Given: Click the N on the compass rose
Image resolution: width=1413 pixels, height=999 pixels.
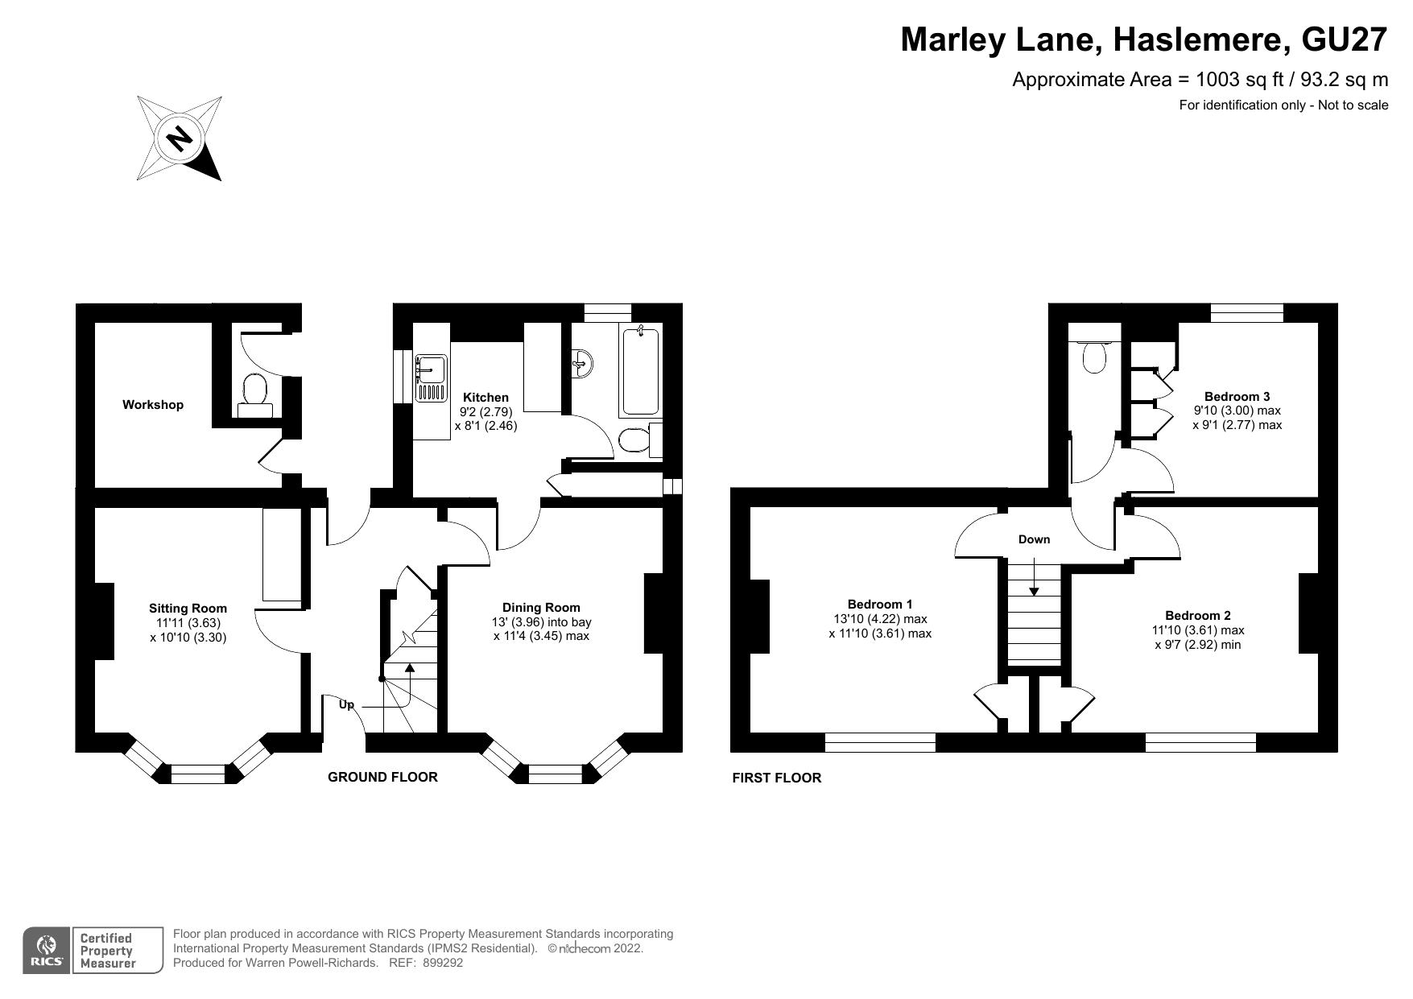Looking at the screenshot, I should [x=179, y=138].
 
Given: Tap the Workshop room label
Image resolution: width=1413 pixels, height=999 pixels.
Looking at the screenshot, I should [x=153, y=405].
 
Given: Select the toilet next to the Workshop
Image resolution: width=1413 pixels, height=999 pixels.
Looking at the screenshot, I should [x=255, y=393].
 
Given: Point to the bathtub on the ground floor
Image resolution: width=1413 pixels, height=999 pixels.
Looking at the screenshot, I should [x=640, y=371].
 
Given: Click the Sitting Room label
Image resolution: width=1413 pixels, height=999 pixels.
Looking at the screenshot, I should [x=188, y=609].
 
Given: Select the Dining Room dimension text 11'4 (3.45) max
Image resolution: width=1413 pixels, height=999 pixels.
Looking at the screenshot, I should [x=541, y=636].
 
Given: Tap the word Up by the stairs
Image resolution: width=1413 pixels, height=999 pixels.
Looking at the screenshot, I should [x=346, y=704].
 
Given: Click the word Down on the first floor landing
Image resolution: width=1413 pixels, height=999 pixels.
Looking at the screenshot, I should [x=1034, y=539].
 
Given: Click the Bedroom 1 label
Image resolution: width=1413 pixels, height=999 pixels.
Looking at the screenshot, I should [x=880, y=605].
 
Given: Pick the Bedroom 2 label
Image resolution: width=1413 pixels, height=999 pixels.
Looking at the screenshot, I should [x=1197, y=616].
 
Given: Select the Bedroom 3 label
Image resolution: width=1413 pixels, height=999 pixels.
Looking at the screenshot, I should [x=1237, y=397].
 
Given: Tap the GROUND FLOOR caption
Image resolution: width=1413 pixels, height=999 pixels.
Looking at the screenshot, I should [x=382, y=777].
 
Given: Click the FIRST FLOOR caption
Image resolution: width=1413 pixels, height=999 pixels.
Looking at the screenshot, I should [x=776, y=778].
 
